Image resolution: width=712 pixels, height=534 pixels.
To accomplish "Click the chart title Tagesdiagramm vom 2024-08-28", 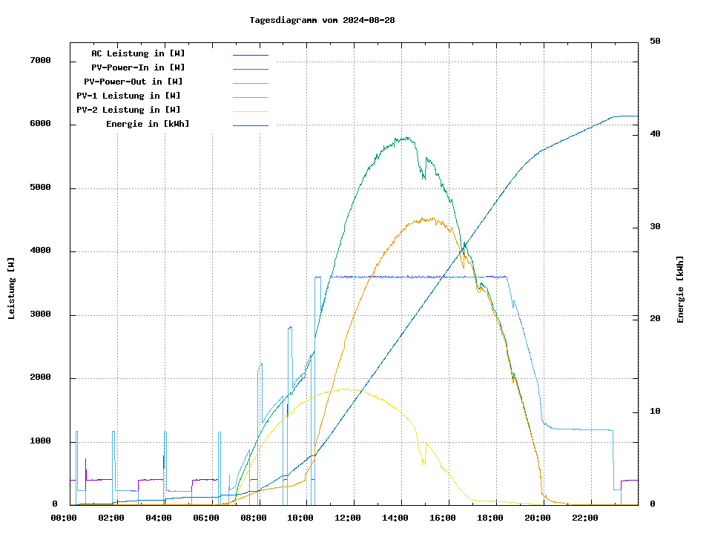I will [x=322, y=20].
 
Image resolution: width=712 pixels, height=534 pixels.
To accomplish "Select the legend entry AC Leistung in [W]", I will [x=138, y=53].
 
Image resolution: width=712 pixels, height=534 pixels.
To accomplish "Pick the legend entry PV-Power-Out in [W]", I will [x=133, y=82].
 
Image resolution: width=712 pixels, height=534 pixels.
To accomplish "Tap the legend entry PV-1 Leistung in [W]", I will [x=128, y=96].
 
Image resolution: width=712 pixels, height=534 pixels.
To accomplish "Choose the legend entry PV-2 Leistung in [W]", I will [x=128, y=110].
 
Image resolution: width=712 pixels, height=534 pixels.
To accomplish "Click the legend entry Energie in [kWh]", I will [x=148, y=124].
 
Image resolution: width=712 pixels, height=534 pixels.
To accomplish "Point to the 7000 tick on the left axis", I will [x=40, y=61].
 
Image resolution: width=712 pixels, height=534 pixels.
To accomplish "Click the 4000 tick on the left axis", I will [x=40, y=251].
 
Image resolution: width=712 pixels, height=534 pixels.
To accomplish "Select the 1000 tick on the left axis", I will [x=40, y=442].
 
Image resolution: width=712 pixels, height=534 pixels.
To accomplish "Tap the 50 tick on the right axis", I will [x=655, y=42].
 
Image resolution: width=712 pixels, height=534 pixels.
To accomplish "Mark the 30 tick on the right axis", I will [x=655, y=227].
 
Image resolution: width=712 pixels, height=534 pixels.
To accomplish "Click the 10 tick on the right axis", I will [x=655, y=412].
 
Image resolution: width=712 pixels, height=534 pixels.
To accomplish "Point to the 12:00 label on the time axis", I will [x=348, y=518].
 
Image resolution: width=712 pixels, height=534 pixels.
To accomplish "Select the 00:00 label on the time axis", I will [x=64, y=518].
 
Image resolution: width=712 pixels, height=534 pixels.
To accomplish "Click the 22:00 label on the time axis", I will [x=584, y=518].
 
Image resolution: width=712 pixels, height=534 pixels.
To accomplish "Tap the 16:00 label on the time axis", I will [x=443, y=518].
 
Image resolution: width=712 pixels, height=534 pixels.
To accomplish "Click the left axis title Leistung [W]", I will [x=12, y=289].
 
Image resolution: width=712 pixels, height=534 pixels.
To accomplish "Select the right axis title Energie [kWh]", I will [x=680, y=289].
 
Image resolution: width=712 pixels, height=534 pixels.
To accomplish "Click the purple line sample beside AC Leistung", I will [x=250, y=55].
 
